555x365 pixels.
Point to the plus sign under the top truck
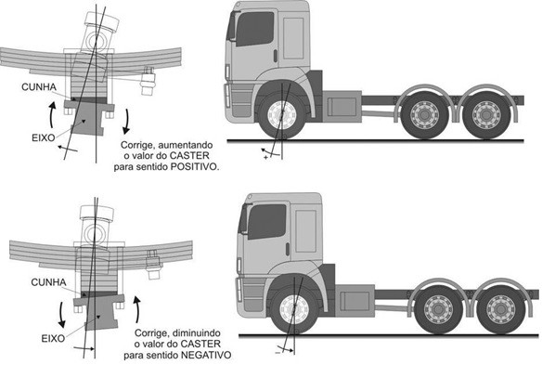pos(266,159)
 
